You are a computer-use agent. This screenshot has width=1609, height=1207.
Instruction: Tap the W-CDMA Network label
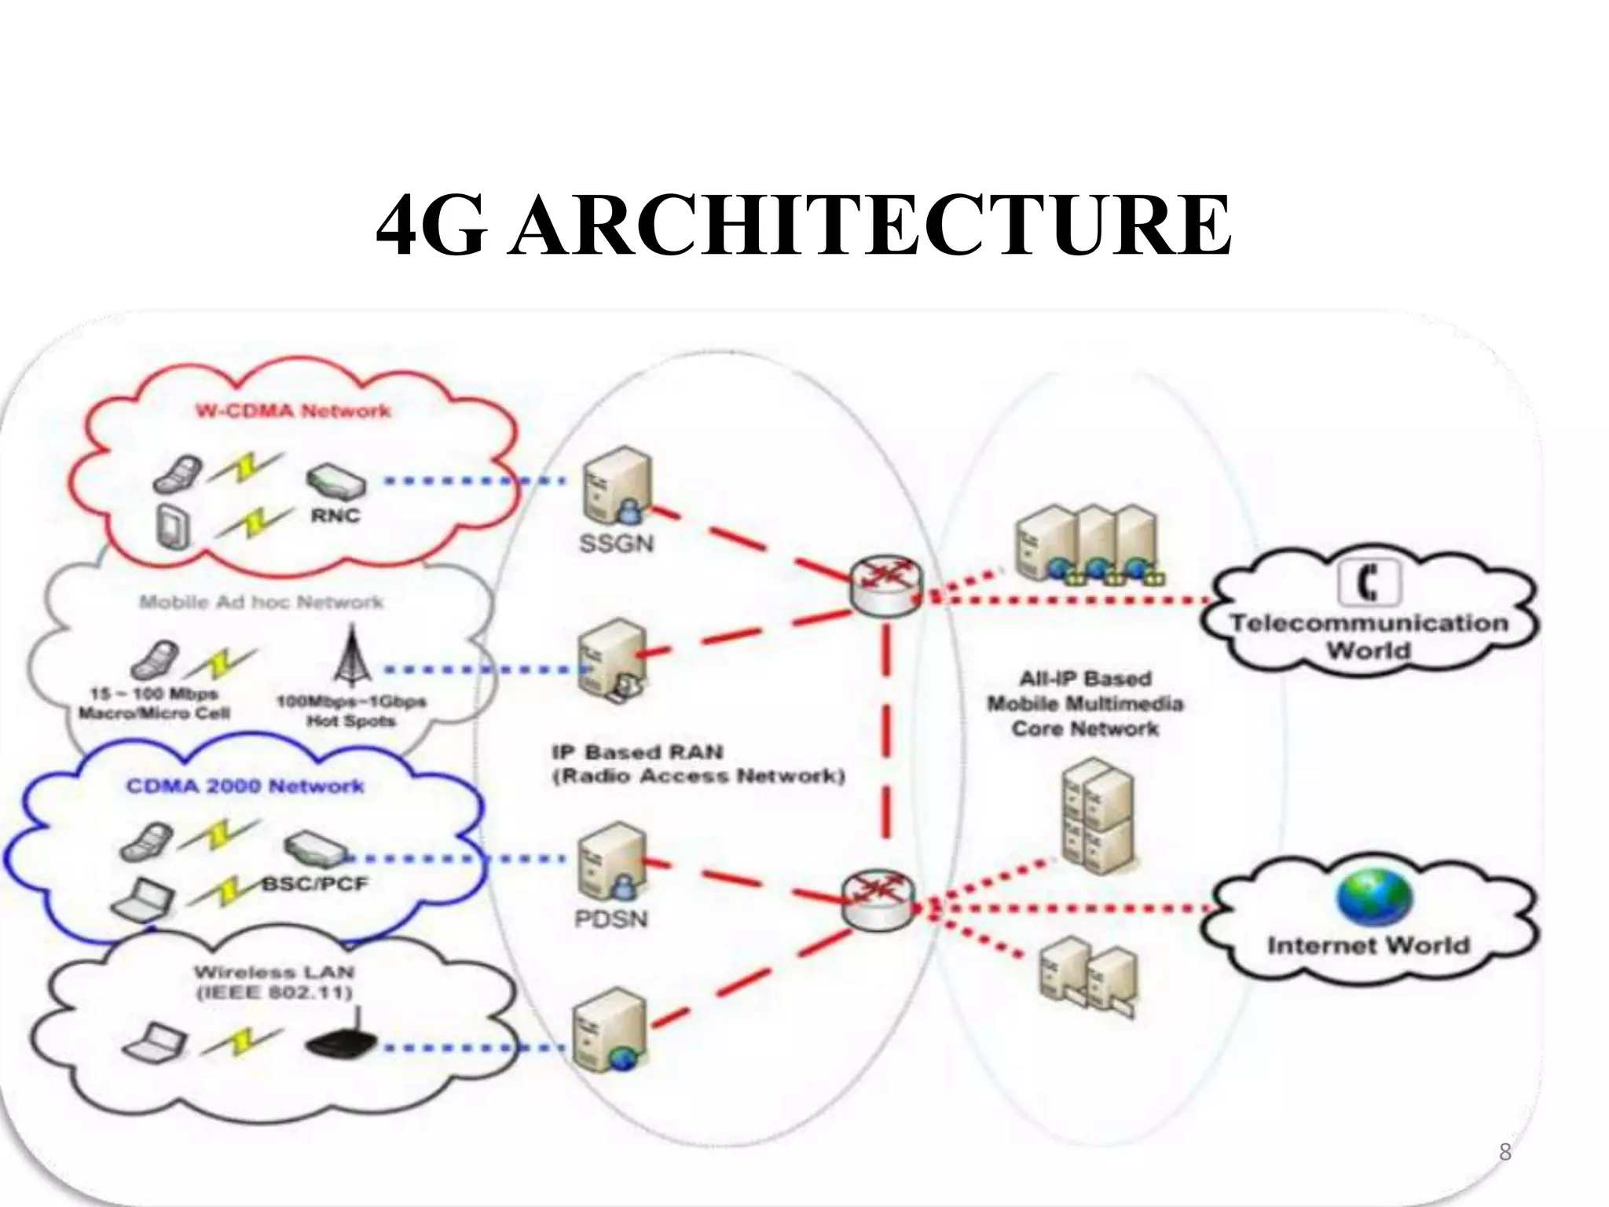coord(293,411)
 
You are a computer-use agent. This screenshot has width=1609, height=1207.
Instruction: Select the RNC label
coord(335,516)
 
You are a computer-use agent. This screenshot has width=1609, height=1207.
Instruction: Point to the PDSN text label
coord(611,919)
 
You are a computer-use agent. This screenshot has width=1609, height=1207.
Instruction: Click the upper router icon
coord(885,585)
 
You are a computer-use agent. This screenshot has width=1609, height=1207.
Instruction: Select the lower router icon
coord(878,901)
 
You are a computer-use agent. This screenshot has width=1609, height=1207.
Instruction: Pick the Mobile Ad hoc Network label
coord(262,603)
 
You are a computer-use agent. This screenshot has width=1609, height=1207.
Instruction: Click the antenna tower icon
coord(351,655)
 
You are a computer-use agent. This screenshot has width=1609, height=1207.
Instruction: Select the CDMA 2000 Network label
coord(245,786)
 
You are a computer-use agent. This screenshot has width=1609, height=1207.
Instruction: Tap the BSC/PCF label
coord(315,884)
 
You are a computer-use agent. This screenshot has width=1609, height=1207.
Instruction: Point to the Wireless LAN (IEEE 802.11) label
coord(274,982)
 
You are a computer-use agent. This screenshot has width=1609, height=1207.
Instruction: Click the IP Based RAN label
coord(698,765)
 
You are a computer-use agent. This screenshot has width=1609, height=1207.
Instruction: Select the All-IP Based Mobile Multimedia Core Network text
coord(1085,703)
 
